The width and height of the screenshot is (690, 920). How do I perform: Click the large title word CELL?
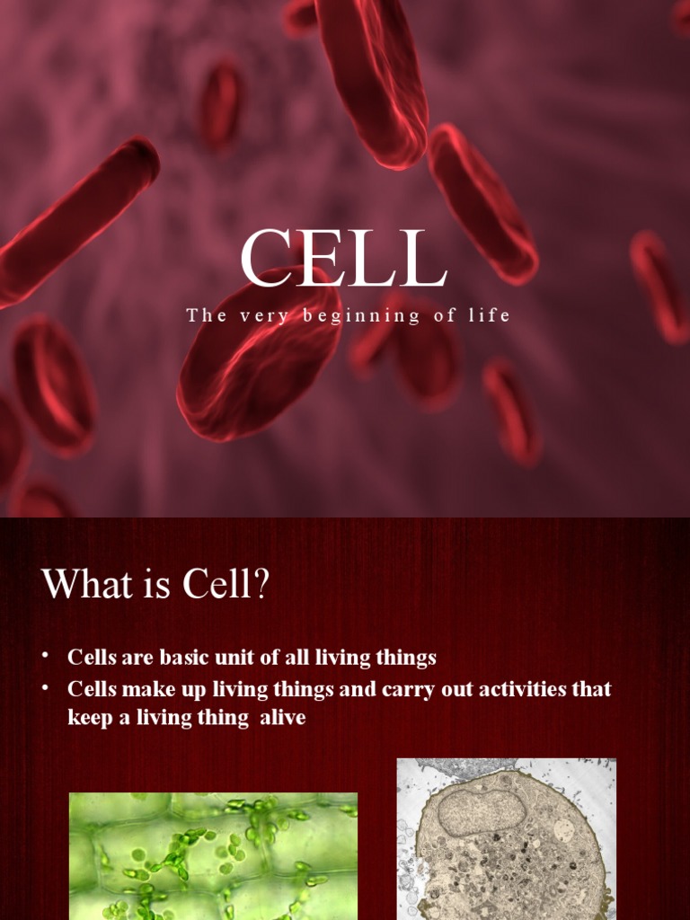pos(343,260)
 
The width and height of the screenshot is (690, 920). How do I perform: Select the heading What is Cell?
pos(155,585)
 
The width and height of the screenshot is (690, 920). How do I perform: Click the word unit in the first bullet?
pos(234,657)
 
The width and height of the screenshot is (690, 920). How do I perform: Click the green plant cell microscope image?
pos(213,855)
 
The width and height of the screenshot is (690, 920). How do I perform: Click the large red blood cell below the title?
pos(257,355)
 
